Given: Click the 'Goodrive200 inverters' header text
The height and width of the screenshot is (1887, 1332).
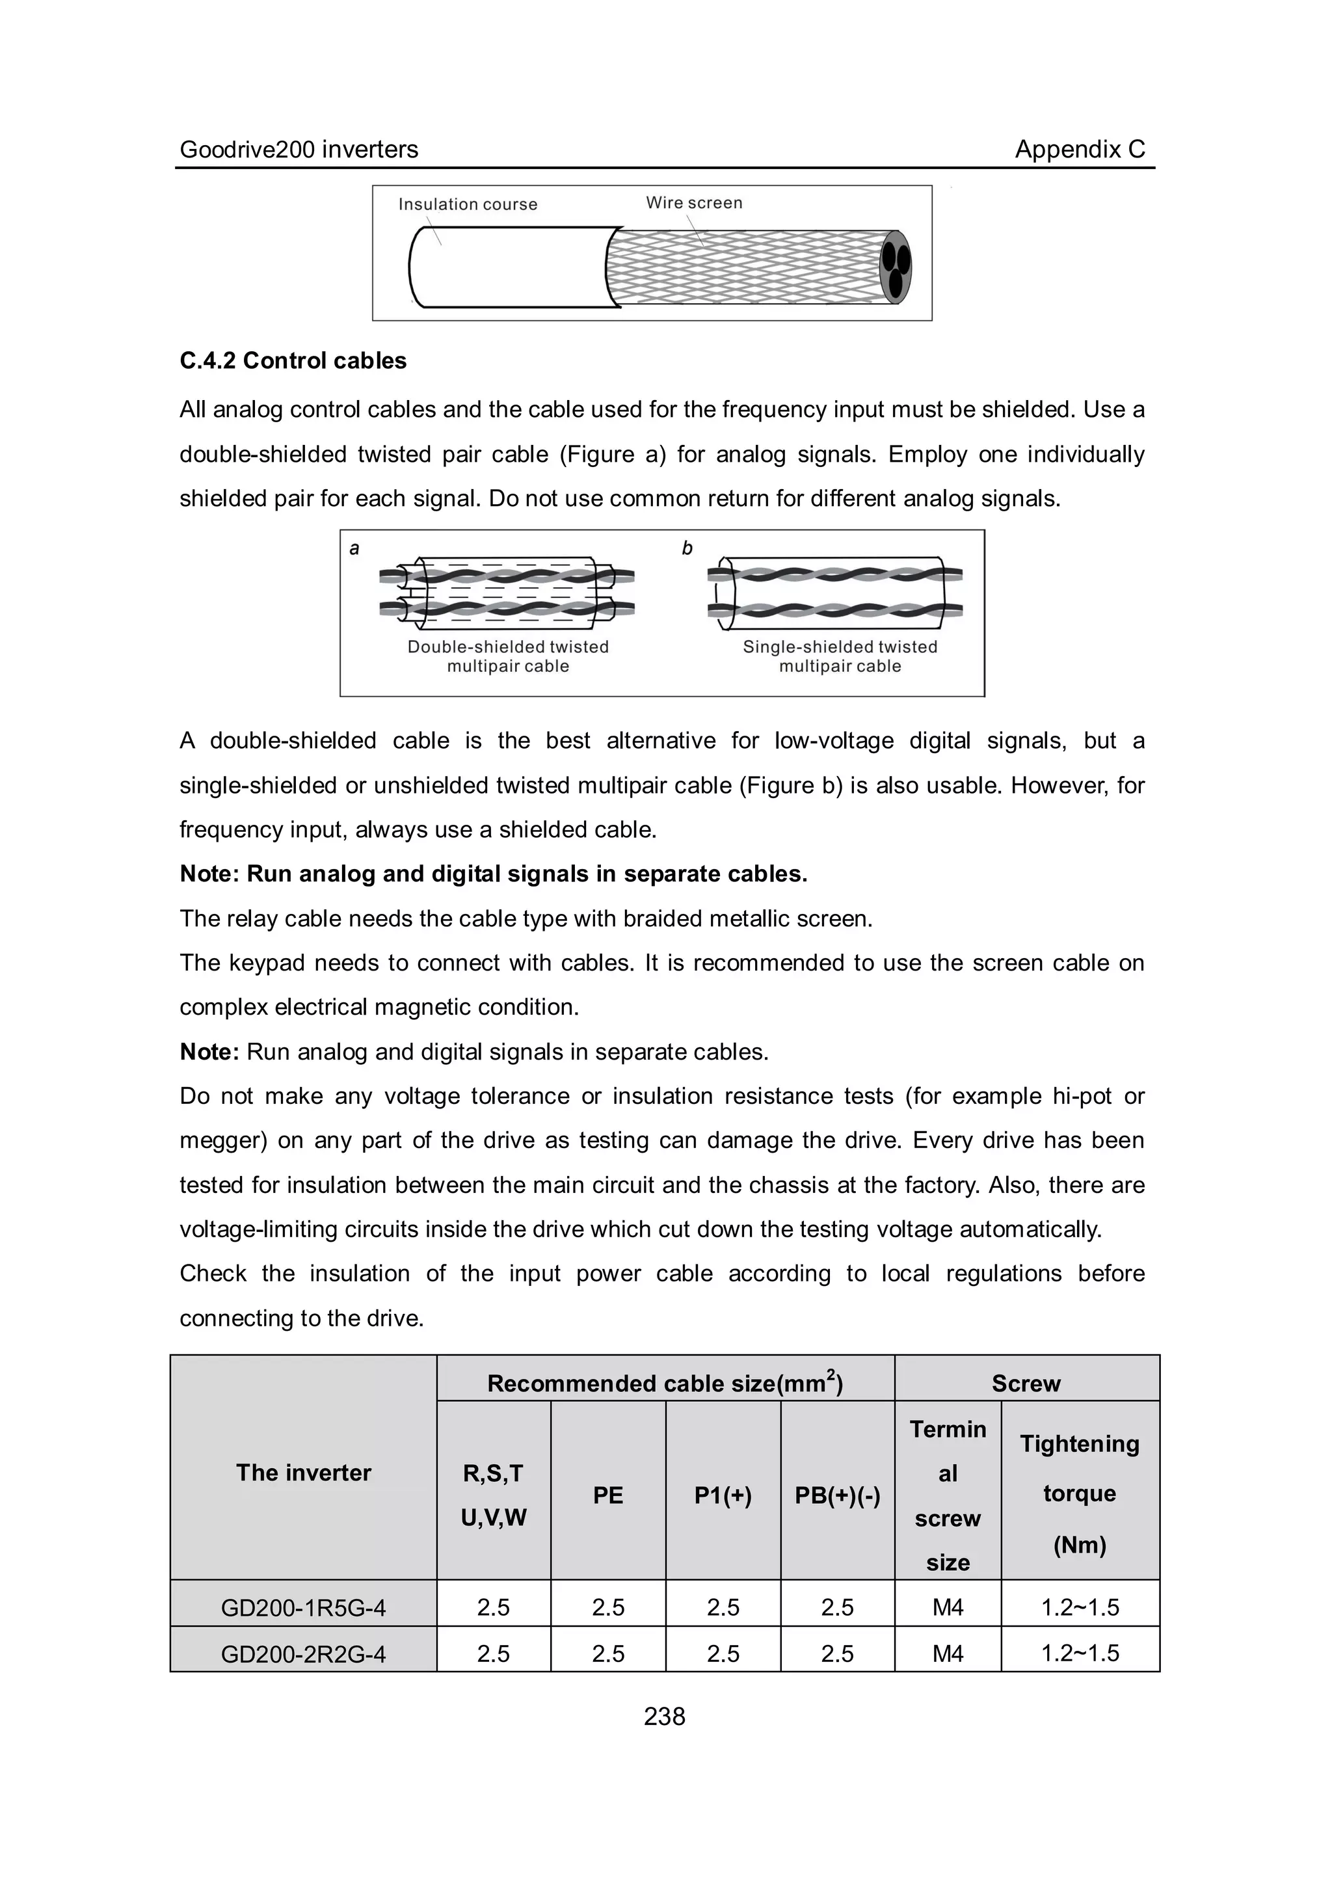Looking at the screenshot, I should click(299, 150).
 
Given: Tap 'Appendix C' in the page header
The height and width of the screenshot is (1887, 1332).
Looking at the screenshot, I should click(1079, 149).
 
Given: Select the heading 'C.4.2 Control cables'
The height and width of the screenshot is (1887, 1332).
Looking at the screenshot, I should click(293, 361).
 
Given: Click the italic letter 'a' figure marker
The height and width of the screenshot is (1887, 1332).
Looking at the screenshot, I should click(354, 548).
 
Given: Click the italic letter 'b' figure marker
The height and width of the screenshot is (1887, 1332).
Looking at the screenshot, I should click(687, 548).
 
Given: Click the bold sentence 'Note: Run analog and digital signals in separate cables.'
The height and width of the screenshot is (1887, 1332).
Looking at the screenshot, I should click(493, 874).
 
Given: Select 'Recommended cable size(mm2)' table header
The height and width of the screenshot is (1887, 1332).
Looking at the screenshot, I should click(665, 1383).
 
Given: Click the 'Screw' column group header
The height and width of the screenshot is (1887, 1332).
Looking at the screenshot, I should click(1026, 1383).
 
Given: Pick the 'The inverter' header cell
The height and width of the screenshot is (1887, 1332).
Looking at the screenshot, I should click(303, 1472).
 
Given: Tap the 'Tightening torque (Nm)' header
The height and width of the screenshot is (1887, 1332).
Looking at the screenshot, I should click(1080, 1493).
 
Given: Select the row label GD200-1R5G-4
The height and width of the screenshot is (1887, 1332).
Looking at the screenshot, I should click(303, 1607).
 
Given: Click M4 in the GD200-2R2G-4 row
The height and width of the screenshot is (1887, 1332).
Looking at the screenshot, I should click(948, 1653).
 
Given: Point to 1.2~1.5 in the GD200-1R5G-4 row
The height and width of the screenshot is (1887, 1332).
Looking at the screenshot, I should click(1080, 1607).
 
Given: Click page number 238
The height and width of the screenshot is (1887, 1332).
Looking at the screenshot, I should click(665, 1716).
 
